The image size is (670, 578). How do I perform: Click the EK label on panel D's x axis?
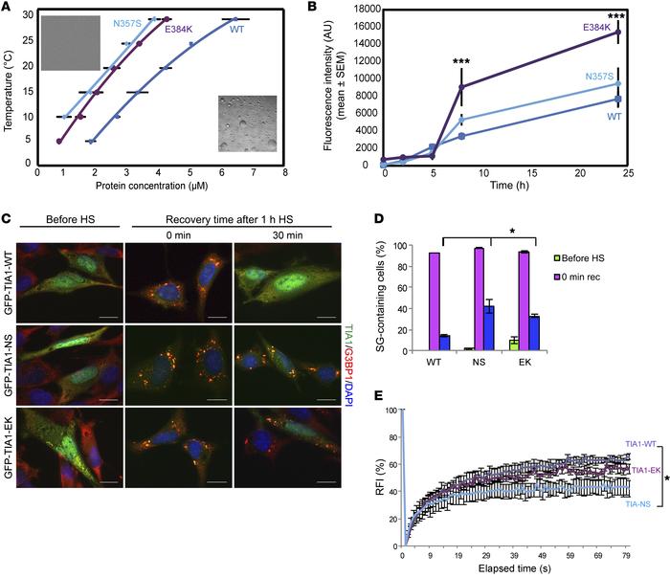(551, 365)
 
